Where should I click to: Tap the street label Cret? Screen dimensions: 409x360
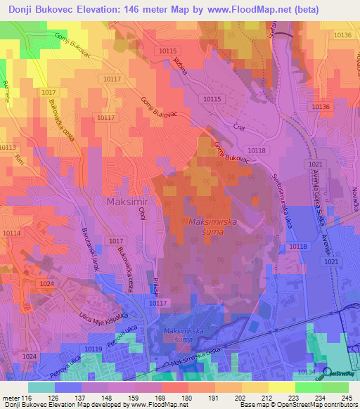pos(239,127)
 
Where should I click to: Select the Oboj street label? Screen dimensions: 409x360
pos(141,213)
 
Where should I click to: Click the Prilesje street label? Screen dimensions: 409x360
pos(153,287)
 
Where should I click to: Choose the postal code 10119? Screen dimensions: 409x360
pos(92,349)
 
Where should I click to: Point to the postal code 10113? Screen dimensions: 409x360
pos(7,147)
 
